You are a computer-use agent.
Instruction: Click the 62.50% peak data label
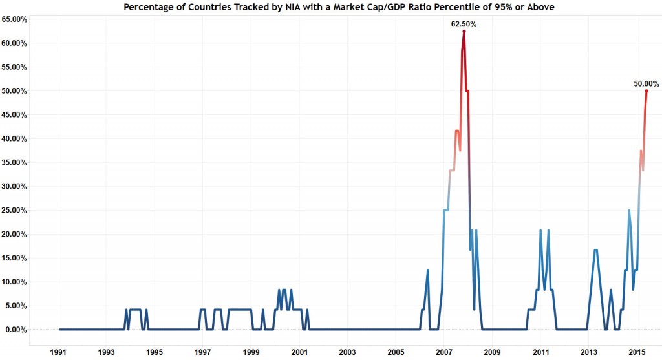pyautogui.click(x=464, y=24)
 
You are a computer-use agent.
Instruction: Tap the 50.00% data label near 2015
pyautogui.click(x=646, y=83)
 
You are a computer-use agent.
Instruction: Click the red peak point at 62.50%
pyautogui.click(x=464, y=31)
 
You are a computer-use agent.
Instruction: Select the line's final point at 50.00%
pyautogui.click(x=646, y=91)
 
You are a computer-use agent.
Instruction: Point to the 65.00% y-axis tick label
pyautogui.click(x=15, y=19)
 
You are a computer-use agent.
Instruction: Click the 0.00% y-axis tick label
pyautogui.click(x=17, y=330)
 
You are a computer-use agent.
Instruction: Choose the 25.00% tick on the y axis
pyautogui.click(x=15, y=210)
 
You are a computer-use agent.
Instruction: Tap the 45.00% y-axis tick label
pyautogui.click(x=15, y=115)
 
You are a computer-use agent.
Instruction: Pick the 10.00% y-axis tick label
pyautogui.click(x=15, y=282)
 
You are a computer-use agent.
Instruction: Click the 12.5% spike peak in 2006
pyautogui.click(x=427, y=270)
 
